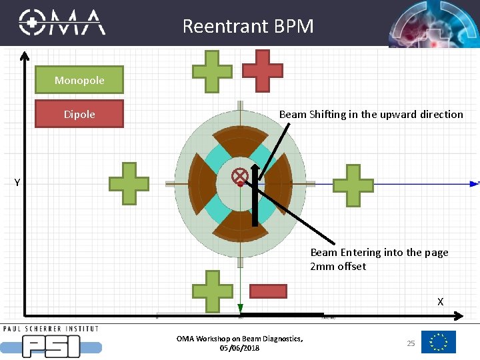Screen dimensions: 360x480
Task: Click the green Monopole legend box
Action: (79, 80)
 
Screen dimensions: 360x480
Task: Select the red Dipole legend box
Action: (79, 114)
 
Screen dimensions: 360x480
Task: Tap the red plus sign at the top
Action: (262, 70)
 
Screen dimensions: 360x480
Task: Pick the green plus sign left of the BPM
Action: (129, 183)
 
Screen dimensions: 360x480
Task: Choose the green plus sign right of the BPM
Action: (353, 184)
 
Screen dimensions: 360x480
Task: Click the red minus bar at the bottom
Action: (268, 291)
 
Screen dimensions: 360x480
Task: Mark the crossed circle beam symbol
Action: (240, 176)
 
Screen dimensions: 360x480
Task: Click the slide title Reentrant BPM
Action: (248, 27)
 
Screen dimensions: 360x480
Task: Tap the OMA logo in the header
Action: (62, 23)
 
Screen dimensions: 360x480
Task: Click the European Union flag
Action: (439, 342)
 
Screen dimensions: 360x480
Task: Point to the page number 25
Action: (411, 343)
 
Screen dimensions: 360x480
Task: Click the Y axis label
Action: (17, 182)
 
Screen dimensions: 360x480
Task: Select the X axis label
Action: (440, 302)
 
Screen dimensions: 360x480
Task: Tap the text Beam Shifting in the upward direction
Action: (371, 114)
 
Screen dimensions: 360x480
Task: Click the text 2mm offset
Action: (338, 267)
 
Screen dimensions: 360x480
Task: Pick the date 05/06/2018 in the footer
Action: (239, 348)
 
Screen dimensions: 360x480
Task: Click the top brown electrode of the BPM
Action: (240, 138)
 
